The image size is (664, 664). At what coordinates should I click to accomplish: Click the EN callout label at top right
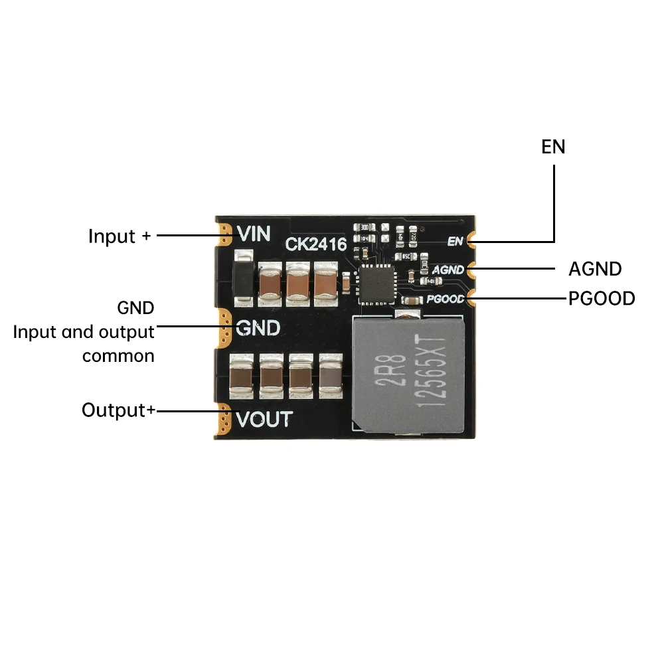pos(553,147)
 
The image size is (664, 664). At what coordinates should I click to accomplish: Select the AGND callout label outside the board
pos(595,269)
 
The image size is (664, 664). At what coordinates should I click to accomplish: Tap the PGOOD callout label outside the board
pos(602,299)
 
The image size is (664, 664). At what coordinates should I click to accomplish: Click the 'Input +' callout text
pos(120,236)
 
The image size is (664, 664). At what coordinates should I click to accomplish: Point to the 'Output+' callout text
pos(118,410)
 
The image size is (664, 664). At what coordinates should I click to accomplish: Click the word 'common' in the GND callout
pos(118,356)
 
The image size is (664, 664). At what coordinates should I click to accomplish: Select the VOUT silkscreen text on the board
pos(264,420)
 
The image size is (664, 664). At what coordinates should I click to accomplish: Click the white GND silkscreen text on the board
pos(258,329)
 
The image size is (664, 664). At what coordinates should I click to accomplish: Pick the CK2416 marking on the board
pos(316,245)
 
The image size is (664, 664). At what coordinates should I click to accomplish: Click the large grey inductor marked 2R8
pos(409,372)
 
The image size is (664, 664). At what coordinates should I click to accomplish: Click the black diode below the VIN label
pos(244,279)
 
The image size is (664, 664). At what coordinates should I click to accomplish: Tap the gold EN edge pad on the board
pos(472,240)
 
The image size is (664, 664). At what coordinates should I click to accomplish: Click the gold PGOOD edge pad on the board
pos(472,298)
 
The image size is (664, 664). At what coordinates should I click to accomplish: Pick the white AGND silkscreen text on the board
pos(448,270)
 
